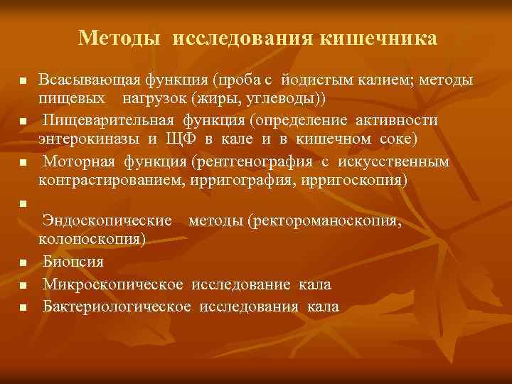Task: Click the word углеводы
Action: (270, 96)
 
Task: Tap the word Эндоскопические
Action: (107, 222)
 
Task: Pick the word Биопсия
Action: (73, 262)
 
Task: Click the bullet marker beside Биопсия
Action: (23, 263)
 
